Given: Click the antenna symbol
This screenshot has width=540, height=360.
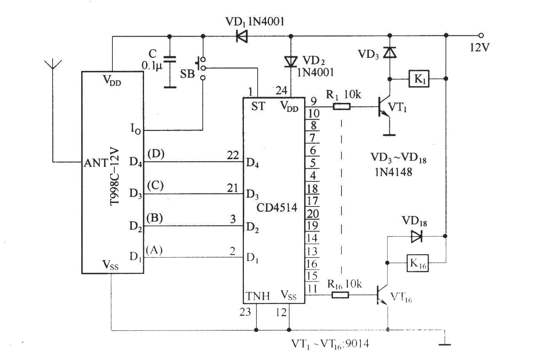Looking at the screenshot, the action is tap(53, 65).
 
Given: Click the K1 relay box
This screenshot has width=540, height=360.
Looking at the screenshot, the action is tap(419, 78).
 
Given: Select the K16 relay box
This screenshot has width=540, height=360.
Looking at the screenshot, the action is tap(418, 263).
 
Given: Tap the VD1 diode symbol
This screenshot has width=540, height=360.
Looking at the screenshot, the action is tap(242, 37).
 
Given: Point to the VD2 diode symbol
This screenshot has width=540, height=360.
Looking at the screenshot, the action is tap(291, 62).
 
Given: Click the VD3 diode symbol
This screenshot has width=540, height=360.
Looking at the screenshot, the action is tap(389, 52).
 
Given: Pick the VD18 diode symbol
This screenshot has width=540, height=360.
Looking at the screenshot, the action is tap(417, 237).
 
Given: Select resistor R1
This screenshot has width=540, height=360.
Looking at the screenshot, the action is tap(341, 107).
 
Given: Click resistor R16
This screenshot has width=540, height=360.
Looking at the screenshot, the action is tap(340, 295).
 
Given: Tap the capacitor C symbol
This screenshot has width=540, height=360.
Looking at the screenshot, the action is tap(170, 60).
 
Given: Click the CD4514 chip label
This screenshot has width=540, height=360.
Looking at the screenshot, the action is tap(277, 208).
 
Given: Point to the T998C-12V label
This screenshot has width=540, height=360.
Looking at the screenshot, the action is tap(114, 177).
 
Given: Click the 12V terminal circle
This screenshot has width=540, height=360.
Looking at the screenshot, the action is tap(481, 36).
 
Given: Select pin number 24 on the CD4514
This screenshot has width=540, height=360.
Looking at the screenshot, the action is tap(281, 91).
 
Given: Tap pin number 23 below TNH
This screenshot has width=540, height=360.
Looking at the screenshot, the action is tap(245, 312).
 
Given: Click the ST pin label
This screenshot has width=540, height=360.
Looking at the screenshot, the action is tap(258, 106).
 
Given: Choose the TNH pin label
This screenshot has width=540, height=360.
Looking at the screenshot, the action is tap(258, 296).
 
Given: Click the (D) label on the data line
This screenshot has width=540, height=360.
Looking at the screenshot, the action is tap(156, 154).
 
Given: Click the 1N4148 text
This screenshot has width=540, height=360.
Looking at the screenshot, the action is tap(393, 172).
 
